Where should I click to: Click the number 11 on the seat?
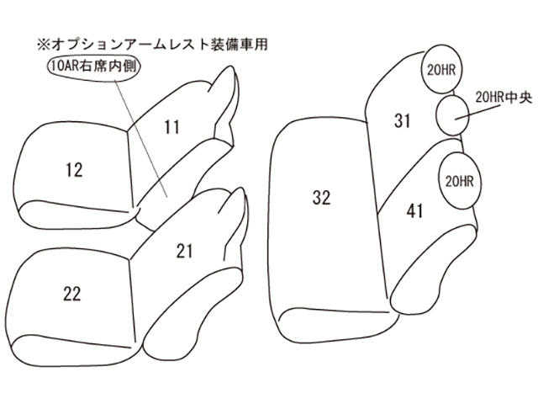click(171, 127)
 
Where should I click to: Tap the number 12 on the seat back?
click(74, 170)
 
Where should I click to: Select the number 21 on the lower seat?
click(184, 251)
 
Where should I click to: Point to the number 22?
click(72, 294)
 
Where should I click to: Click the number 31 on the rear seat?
click(402, 120)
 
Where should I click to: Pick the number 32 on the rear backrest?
click(321, 198)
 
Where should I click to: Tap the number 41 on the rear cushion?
click(414, 211)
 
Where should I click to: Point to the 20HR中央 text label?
click(504, 98)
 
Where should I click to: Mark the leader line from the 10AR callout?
click(141, 139)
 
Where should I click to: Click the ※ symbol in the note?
click(44, 45)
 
